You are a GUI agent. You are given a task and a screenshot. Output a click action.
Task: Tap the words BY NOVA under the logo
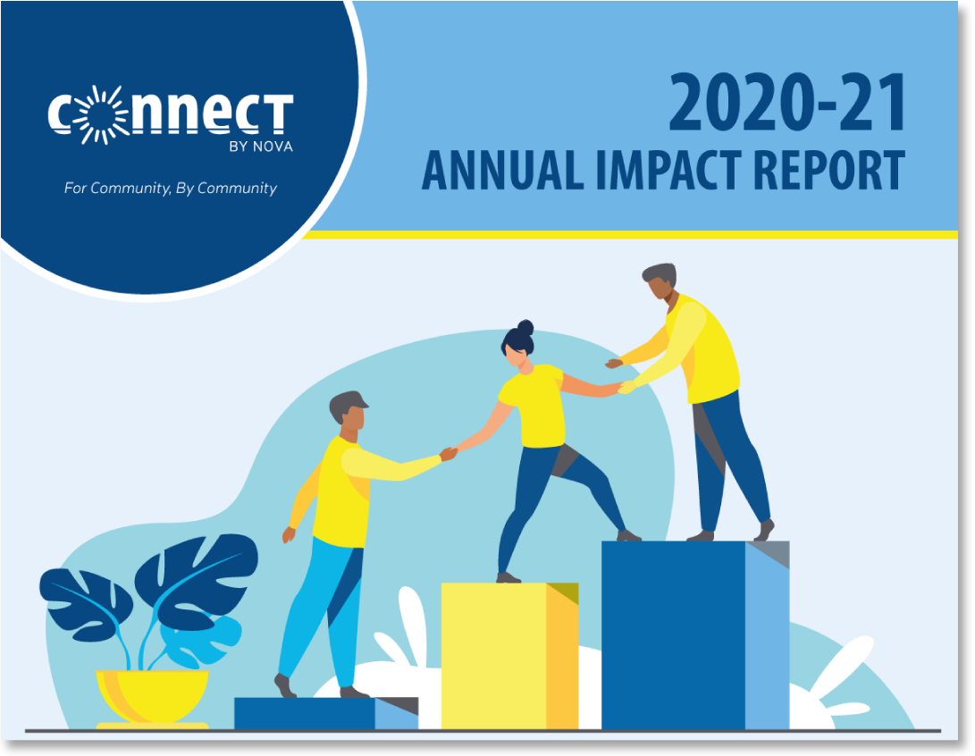click(x=261, y=147)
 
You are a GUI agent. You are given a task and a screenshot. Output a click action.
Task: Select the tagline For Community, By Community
click(x=171, y=189)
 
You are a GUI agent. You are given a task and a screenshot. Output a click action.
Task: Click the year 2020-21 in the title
click(x=787, y=103)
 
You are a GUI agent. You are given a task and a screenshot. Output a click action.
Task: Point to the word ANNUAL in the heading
click(x=503, y=170)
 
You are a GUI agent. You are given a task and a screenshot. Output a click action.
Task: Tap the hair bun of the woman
click(x=525, y=328)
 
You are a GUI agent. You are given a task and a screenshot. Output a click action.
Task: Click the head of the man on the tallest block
click(x=660, y=281)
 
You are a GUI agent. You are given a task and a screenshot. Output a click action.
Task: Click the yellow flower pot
click(x=152, y=696)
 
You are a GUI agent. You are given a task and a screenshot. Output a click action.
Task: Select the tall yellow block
click(x=510, y=656)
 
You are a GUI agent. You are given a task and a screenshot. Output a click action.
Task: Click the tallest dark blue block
click(x=695, y=635)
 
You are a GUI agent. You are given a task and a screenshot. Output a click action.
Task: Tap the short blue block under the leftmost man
click(x=326, y=714)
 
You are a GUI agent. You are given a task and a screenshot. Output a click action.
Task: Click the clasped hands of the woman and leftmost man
click(x=449, y=454)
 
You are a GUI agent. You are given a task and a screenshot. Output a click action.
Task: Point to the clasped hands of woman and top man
click(x=625, y=387)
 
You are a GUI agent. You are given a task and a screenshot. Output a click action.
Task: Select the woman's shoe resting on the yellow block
click(x=508, y=577)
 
